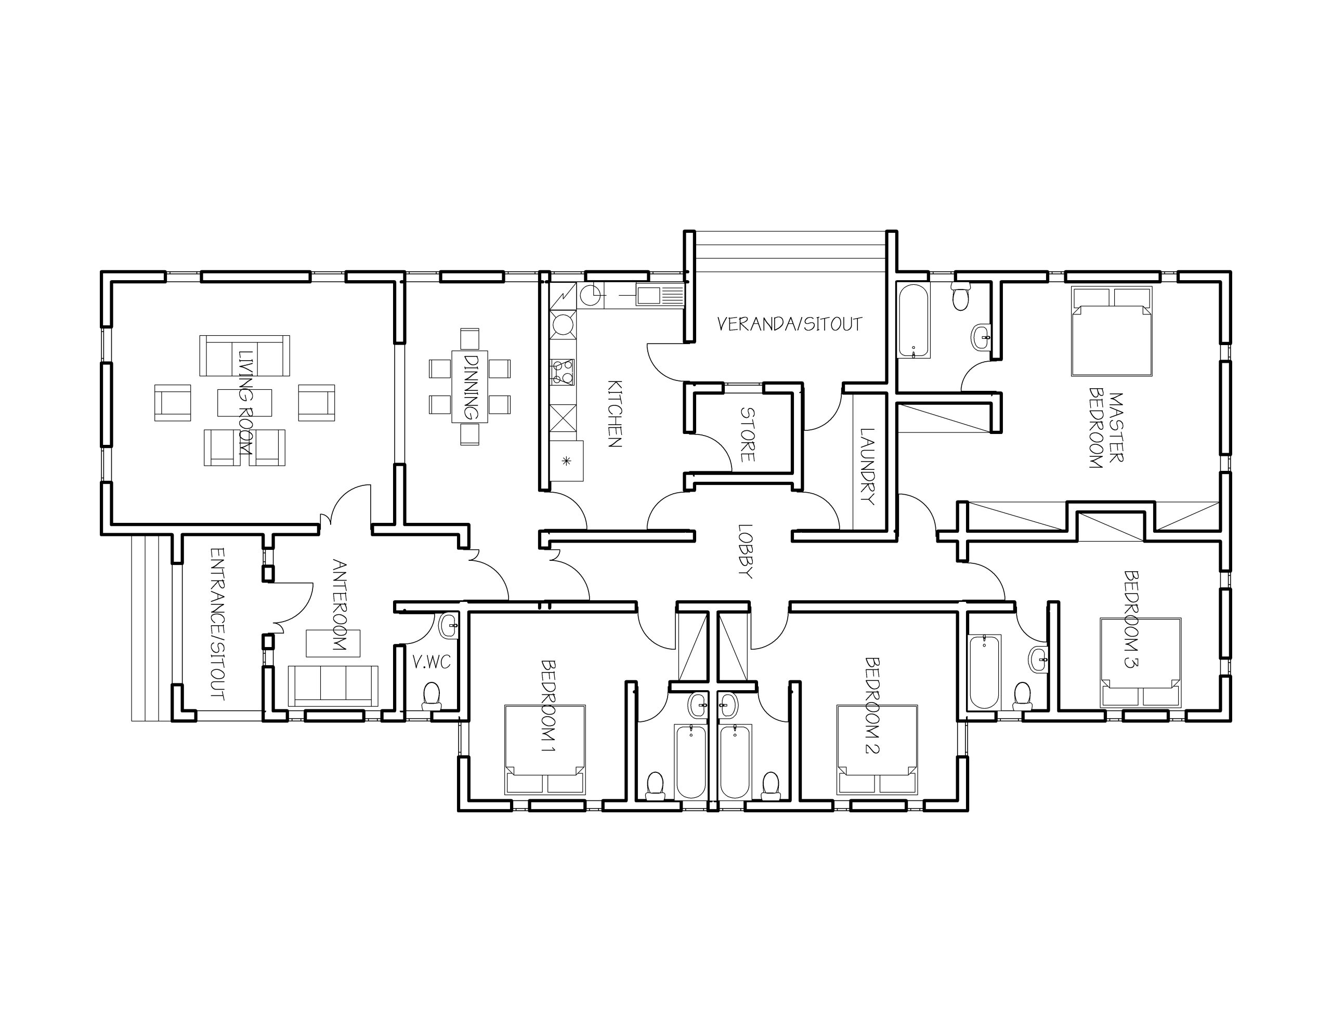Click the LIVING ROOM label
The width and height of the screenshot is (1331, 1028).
(x=245, y=403)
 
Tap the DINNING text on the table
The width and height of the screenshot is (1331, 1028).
(x=471, y=387)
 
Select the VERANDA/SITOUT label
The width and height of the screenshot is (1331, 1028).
(x=789, y=324)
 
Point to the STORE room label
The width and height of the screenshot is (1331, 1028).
(x=747, y=434)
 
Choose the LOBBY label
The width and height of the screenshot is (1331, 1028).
(x=745, y=551)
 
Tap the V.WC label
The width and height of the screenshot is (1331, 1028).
(x=431, y=662)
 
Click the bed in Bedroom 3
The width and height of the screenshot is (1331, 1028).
(x=1140, y=663)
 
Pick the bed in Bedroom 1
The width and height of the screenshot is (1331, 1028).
(x=545, y=749)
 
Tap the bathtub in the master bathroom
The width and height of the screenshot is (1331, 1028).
(x=914, y=321)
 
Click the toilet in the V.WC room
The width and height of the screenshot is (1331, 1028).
(x=432, y=696)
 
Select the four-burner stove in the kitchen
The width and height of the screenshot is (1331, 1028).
(x=562, y=372)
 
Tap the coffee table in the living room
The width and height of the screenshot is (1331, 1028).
(x=244, y=403)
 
